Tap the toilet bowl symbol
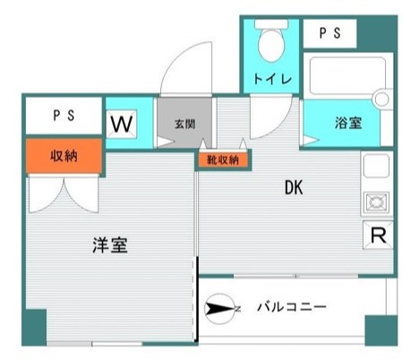tap(269, 40)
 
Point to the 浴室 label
tap(347, 124)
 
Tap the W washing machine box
tap(122, 123)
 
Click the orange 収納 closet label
tap(64, 154)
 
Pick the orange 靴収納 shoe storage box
tap(223, 159)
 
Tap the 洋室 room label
tap(110, 244)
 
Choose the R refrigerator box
tap(379, 236)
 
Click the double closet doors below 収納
tap(64, 191)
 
